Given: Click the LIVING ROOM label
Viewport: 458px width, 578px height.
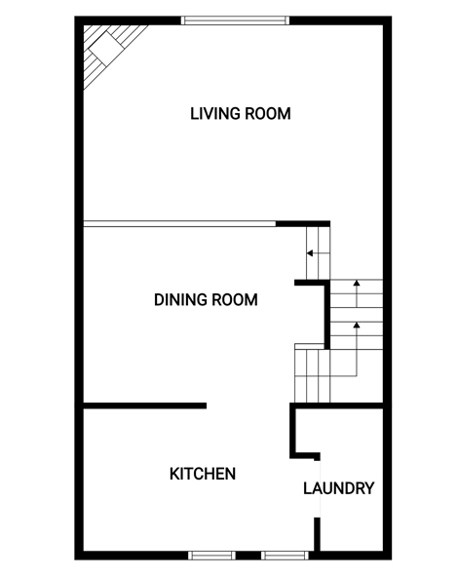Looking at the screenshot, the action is pos(241,113).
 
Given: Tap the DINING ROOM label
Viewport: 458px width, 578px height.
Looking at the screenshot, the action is pos(206,299).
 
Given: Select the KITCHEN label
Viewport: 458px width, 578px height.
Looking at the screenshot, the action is pos(203,474).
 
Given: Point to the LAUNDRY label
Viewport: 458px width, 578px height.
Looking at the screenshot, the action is pos(338,488).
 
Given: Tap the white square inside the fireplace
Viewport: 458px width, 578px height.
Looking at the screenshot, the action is pos(106,49).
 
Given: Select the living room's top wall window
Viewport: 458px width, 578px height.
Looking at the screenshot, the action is pos(235,20).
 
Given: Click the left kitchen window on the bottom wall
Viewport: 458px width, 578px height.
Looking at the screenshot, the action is pos(211,556).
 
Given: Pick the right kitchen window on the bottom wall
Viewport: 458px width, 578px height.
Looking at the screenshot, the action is pos(285,556).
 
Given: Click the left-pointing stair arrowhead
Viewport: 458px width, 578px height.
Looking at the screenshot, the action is pos(310,253).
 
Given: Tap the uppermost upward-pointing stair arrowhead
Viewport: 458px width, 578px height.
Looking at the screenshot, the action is pos(357,283).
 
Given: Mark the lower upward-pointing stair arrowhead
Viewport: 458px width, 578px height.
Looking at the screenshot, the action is pos(357,325).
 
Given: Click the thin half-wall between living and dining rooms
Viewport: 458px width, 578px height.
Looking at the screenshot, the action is pos(180,223).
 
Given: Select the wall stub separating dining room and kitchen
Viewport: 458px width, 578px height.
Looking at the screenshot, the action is pos(145,405).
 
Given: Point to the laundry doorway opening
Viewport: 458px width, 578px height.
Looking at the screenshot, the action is pos(319,489).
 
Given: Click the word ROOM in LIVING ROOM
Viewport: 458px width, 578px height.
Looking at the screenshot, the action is pos(268,113).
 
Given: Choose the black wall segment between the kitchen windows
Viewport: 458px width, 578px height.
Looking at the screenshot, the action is pos(248,556).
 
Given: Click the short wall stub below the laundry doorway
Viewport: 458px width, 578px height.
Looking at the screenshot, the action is pos(317,534).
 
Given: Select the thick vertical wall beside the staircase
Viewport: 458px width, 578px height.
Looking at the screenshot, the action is pos(326,315).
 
